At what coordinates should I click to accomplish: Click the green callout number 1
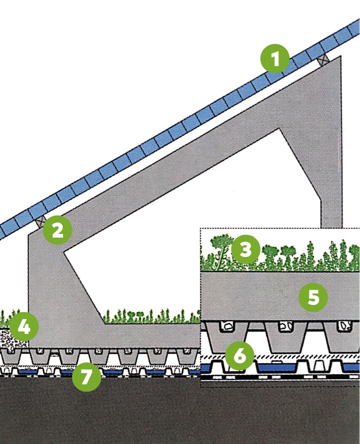276,59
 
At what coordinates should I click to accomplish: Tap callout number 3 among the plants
244,250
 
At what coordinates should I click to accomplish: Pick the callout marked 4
24,327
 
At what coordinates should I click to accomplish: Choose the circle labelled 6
240,355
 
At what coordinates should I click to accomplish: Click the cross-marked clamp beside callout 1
323,58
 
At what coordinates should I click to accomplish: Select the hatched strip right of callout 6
307,357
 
